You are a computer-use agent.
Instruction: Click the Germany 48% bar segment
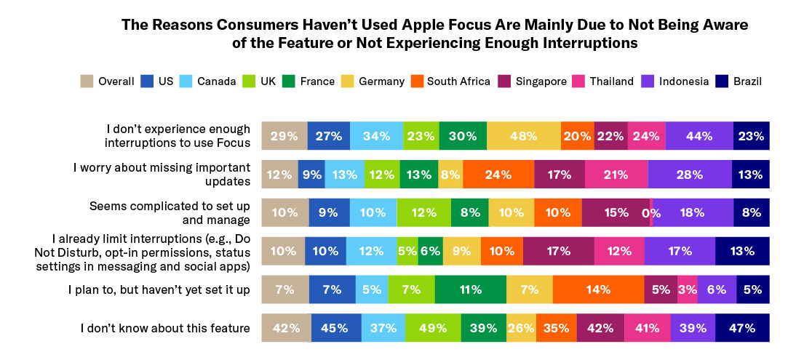(524, 136)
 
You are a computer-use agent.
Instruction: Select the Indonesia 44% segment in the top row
(698, 136)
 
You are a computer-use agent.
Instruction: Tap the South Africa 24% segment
(498, 175)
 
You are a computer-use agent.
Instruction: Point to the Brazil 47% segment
(742, 328)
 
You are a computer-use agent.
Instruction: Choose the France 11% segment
(470, 289)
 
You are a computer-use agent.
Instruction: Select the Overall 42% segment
(286, 328)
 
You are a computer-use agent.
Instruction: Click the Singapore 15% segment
(615, 213)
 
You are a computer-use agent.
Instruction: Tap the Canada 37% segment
(373, 328)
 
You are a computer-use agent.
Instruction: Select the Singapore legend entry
(540, 81)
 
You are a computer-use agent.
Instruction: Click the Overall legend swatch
(87, 81)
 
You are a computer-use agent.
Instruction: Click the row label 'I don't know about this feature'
(165, 329)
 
